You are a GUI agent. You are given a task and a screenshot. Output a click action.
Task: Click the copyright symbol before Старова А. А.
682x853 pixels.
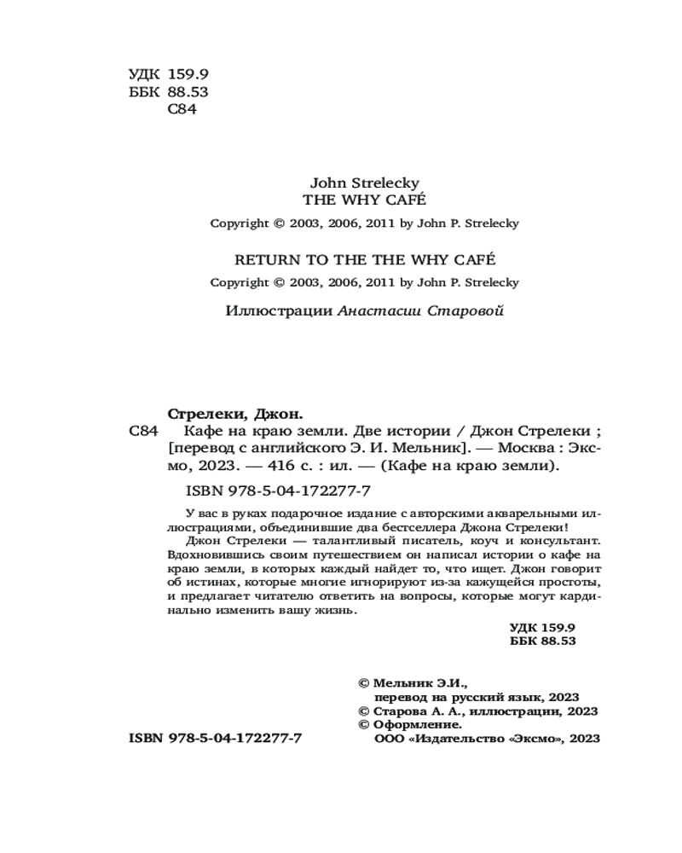click(364, 711)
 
